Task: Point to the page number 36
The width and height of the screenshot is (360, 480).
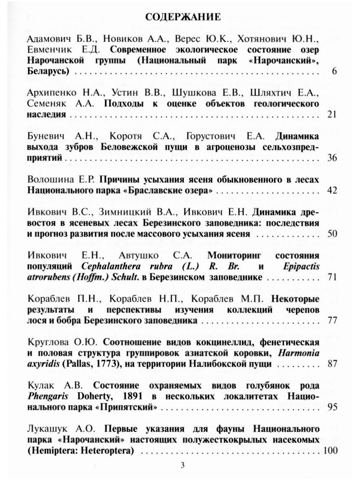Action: [x=332, y=158]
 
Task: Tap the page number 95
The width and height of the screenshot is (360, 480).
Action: [x=332, y=407]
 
